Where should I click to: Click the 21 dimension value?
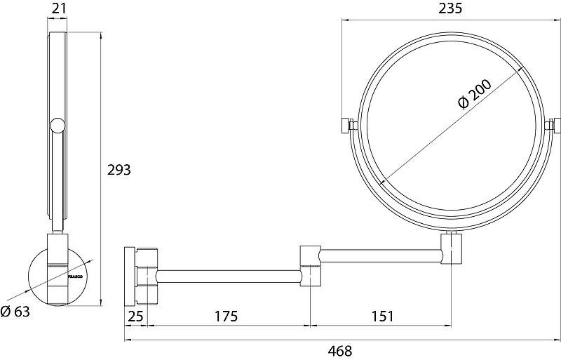point(59,8)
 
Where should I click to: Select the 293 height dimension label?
point(119,170)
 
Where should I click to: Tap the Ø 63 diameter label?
point(15,312)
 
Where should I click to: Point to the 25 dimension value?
point(135,316)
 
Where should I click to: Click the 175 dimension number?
point(226,316)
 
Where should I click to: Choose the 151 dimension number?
point(382,316)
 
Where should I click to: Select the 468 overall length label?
point(340,351)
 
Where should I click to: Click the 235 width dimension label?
point(450,8)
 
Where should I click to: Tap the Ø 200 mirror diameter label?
point(475,94)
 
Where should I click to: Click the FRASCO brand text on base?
point(76,276)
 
